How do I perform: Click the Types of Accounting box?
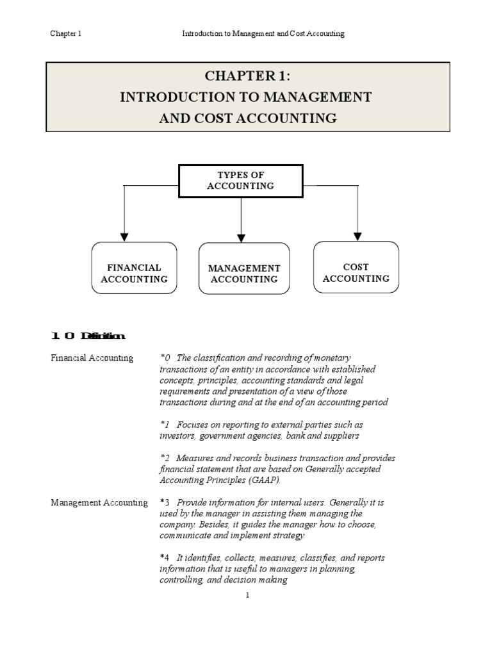(240, 181)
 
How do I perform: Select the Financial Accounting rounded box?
(134, 268)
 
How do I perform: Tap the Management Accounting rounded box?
(243, 268)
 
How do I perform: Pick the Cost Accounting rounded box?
(356, 267)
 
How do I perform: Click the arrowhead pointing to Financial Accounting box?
(125, 236)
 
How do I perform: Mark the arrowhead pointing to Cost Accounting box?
(357, 236)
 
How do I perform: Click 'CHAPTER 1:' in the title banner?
(247, 76)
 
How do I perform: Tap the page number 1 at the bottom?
(247, 595)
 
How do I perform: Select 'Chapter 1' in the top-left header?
(66, 34)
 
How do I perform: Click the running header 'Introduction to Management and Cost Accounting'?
(263, 34)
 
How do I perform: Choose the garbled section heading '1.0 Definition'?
(88, 336)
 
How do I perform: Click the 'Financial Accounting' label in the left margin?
(92, 358)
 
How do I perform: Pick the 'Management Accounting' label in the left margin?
(99, 503)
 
